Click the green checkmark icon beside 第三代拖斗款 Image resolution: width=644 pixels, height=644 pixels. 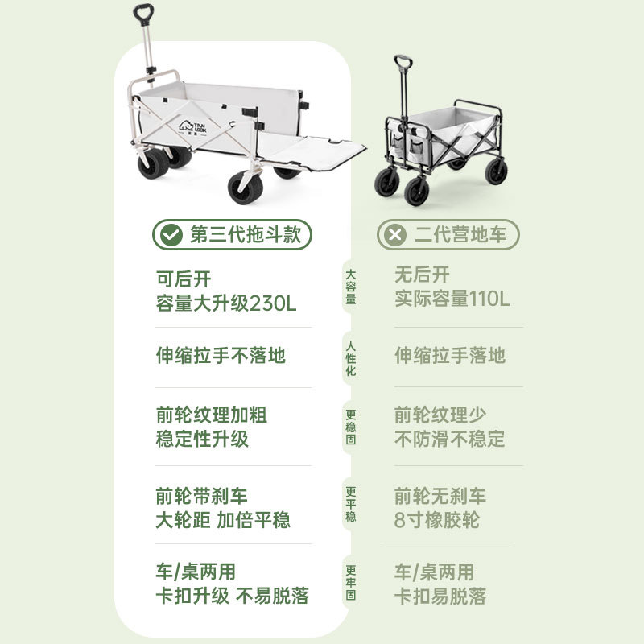(x=170, y=235)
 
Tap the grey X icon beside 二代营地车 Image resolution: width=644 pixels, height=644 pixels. (x=394, y=235)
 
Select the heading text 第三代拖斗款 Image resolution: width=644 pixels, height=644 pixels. (x=245, y=235)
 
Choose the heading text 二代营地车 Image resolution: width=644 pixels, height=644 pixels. (x=460, y=235)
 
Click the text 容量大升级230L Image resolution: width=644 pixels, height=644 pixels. (x=226, y=303)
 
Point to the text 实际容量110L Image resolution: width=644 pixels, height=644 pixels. (x=452, y=299)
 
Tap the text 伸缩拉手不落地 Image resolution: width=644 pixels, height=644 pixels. (x=221, y=356)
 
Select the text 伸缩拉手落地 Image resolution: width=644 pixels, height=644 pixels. (x=450, y=356)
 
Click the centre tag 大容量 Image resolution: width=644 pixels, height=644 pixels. (x=351, y=287)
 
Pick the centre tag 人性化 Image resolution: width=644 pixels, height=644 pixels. (x=351, y=357)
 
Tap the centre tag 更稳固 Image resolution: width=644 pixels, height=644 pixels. (x=351, y=427)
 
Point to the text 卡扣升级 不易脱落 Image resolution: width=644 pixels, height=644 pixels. (x=232, y=597)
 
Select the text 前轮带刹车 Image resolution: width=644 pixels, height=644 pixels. (x=201, y=496)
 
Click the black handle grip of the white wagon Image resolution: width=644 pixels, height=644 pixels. (x=143, y=14)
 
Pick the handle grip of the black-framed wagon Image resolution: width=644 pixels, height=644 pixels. (x=403, y=62)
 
